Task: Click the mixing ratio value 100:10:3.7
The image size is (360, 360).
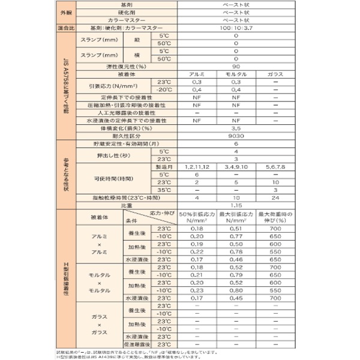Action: click(x=236, y=28)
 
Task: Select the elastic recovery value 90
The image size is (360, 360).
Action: click(x=236, y=67)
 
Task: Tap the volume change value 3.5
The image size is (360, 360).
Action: click(x=236, y=128)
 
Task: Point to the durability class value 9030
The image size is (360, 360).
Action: click(x=236, y=136)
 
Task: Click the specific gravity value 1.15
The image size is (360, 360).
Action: click(x=236, y=205)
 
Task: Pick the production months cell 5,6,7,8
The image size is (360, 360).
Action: click(x=275, y=166)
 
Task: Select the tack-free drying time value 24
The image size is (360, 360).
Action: click(x=275, y=197)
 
